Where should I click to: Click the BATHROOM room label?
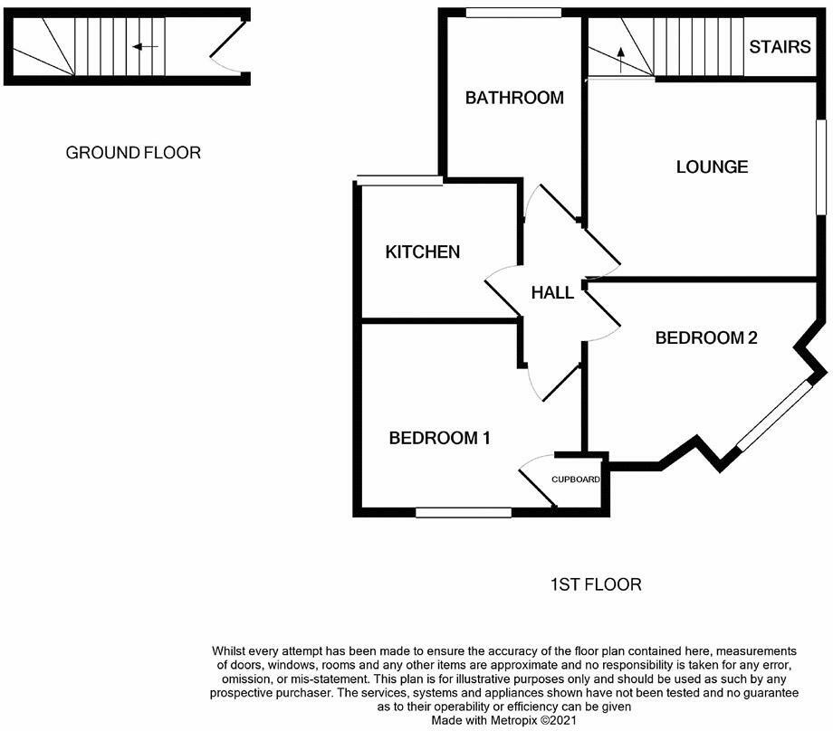pos(514,98)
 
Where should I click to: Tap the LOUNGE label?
pos(713,166)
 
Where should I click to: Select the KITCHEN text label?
pos(423,252)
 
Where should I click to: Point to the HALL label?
pos(552,292)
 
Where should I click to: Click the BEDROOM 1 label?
pos(439,438)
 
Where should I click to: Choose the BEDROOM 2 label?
pos(706,337)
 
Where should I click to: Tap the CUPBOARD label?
pos(577,479)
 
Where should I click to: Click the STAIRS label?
pos(780,46)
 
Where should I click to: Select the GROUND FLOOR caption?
pos(133,152)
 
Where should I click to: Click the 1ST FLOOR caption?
pos(596,584)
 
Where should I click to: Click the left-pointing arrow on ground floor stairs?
pos(145,46)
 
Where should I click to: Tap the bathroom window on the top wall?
pos(513,13)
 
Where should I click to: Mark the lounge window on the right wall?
pos(822,167)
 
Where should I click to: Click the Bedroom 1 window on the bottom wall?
pos(464,513)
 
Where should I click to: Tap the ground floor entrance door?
pos(228,50)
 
